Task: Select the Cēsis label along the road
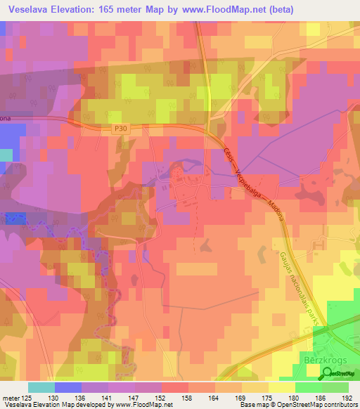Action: [x=228, y=156]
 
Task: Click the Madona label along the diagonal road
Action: [x=278, y=212]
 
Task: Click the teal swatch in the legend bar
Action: [x=41, y=387]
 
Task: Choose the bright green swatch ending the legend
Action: [x=335, y=387]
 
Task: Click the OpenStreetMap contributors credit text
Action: [x=319, y=405]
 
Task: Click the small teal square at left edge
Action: [x=6, y=155]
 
